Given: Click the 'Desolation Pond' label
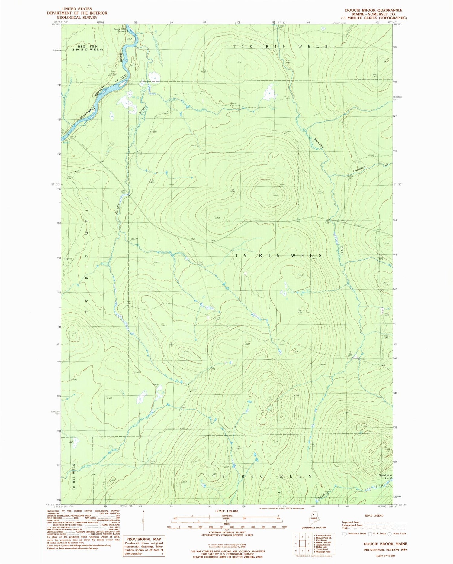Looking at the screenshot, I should pos(385,477).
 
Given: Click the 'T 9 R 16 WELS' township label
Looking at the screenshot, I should pos(278,255).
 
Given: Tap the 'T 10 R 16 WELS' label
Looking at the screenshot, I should pos(281,47).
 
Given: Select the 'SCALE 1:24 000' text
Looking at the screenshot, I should pos(226,511).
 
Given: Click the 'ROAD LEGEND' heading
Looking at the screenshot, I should pos(374,516).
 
